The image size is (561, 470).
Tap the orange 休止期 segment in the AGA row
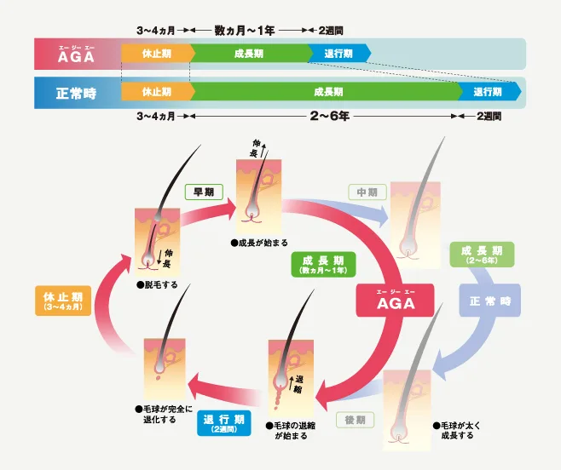[155, 54]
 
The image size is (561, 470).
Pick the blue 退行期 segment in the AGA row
[340, 54]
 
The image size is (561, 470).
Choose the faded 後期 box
[355, 420]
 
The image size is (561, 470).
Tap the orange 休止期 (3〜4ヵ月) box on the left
[62, 301]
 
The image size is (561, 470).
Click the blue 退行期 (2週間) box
[225, 423]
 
